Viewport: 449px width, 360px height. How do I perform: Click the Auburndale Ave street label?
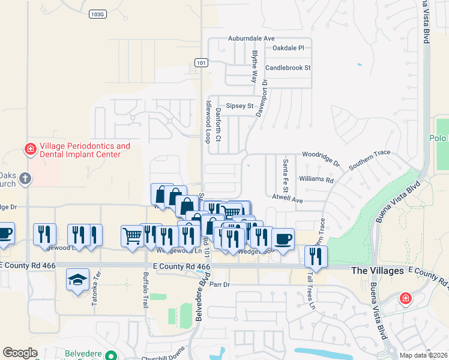tap(251, 38)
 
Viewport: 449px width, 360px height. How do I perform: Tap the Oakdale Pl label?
tap(288, 47)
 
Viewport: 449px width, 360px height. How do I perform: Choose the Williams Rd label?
tap(316, 179)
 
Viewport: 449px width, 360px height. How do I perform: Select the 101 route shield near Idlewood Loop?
tap(201, 62)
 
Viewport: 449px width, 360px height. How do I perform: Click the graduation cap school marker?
tap(77, 280)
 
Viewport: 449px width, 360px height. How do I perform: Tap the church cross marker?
tap(25, 178)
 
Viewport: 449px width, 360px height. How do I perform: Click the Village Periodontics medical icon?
tap(29, 148)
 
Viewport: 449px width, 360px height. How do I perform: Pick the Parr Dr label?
tap(220, 284)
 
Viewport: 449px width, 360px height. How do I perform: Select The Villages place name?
tap(377, 271)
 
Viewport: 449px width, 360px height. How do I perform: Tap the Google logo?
tap(20, 353)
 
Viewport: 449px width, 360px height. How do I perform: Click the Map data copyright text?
tap(423, 355)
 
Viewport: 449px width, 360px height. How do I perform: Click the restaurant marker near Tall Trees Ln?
tap(315, 256)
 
